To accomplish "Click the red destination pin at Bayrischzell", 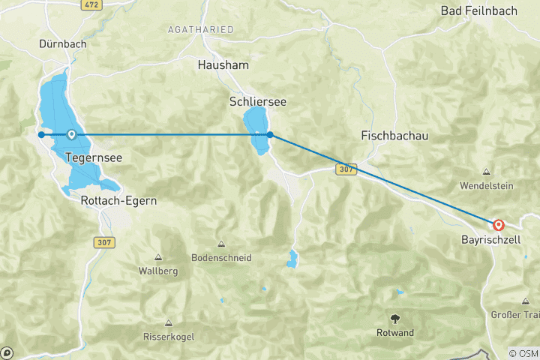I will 498,224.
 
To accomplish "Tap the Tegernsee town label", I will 94,158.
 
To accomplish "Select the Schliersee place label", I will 258,101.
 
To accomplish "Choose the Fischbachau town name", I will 394,136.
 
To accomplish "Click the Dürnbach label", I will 63,44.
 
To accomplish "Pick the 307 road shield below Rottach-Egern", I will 104,242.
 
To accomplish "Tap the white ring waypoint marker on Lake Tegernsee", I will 71,135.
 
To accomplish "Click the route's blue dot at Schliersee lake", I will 270,135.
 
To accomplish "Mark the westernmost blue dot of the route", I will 41,135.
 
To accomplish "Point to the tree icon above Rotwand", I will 395,318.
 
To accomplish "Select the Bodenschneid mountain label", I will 221,257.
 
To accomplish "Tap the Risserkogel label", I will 168,337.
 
